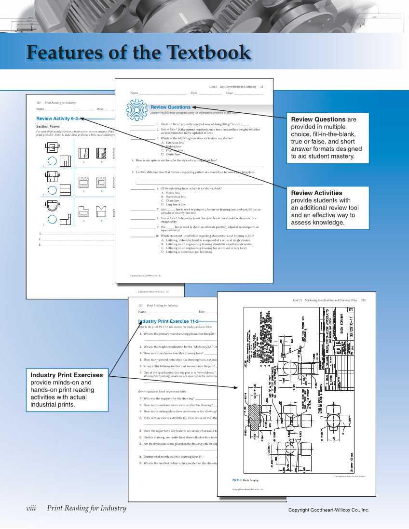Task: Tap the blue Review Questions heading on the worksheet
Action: tap(170, 107)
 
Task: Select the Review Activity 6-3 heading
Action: tap(57, 118)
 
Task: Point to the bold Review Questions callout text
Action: tap(318, 119)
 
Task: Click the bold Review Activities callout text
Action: tap(316, 193)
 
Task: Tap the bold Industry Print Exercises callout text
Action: tap(67, 375)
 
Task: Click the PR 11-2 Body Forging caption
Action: tap(247, 480)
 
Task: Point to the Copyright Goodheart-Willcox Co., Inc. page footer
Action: tap(328, 510)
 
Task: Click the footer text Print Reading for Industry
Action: tap(87, 508)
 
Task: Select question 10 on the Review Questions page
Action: tap(193, 236)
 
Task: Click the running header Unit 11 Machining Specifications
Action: tap(328, 300)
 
